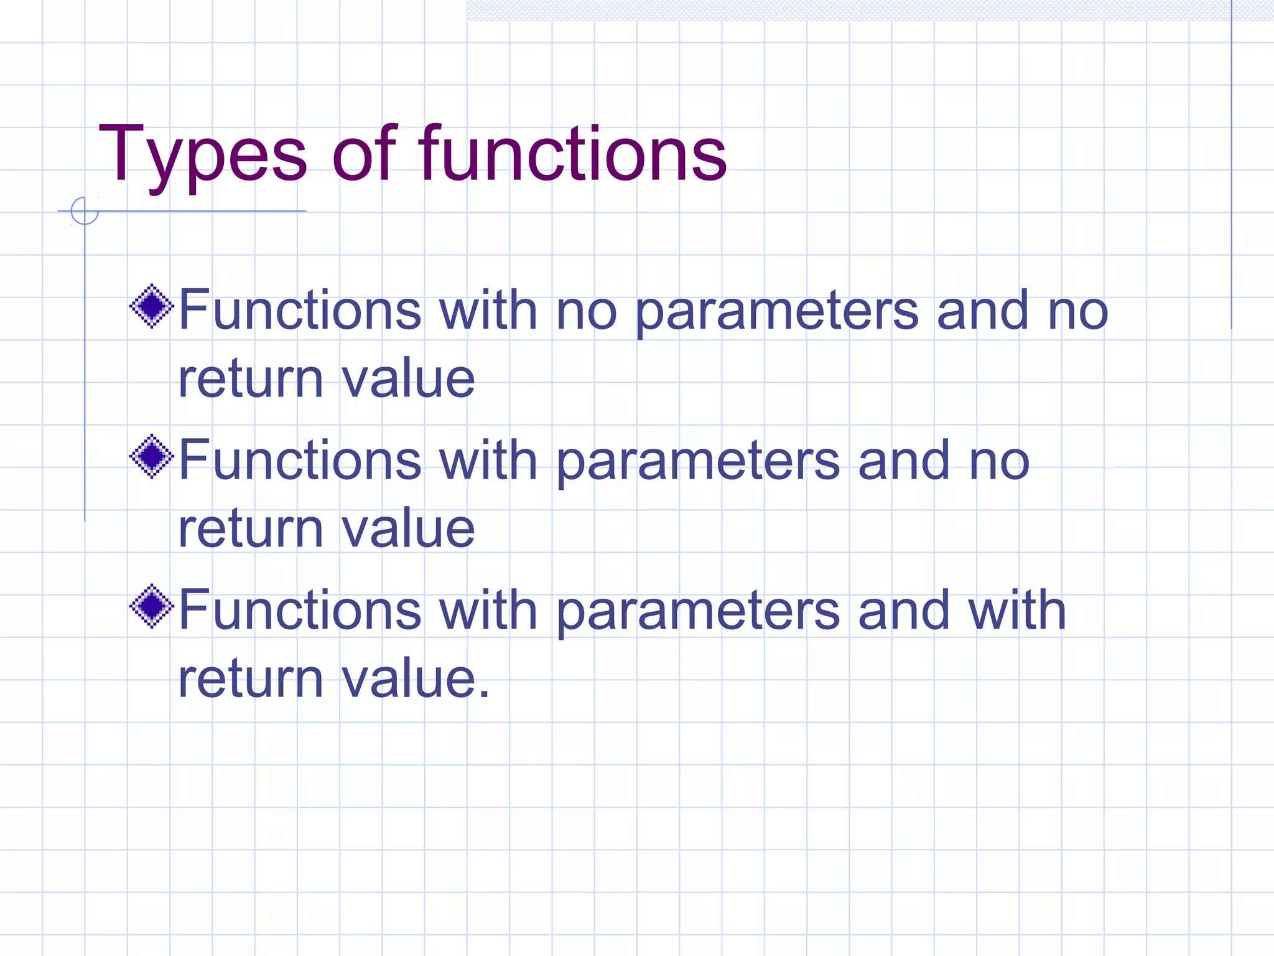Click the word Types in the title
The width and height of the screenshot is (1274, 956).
coord(202,156)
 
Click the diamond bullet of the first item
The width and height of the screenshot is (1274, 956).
coord(151,306)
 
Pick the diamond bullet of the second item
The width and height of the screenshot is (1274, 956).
coord(151,456)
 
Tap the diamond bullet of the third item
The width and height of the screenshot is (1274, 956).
coord(151,606)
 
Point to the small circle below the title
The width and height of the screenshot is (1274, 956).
coord(85,210)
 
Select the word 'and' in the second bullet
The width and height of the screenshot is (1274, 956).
coord(903,461)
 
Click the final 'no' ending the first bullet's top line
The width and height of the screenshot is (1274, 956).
coord(1077,311)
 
